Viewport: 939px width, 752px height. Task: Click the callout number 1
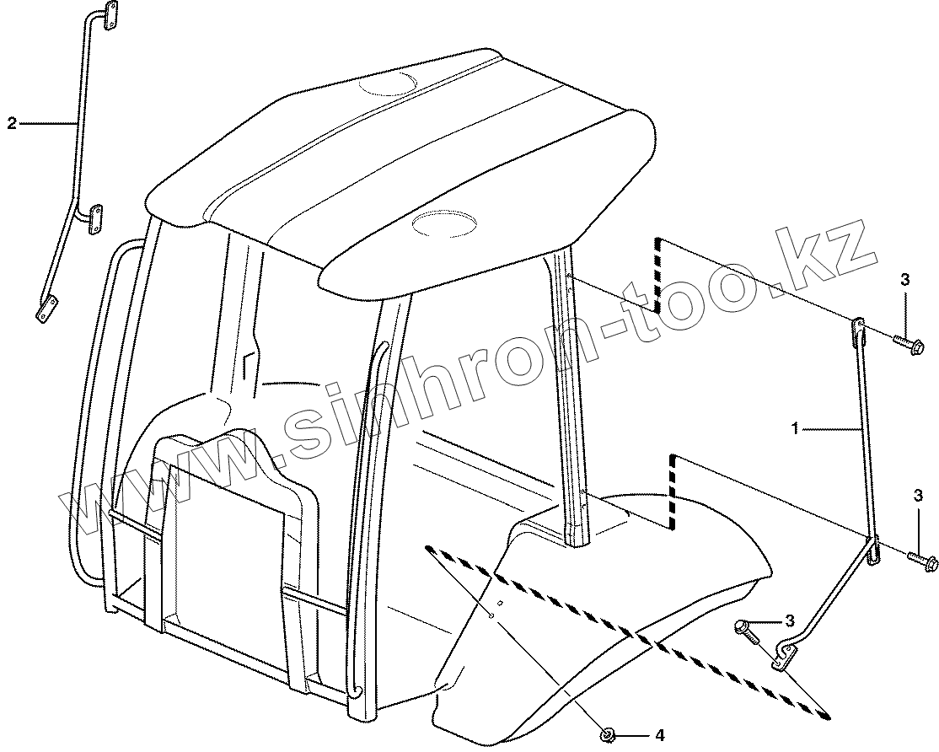(x=794, y=429)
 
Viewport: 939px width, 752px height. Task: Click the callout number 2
(x=12, y=123)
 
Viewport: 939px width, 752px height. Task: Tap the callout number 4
(x=659, y=736)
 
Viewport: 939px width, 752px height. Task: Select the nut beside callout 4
(x=605, y=735)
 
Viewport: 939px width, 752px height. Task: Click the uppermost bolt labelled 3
(x=908, y=343)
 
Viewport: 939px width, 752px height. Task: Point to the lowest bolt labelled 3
(x=747, y=629)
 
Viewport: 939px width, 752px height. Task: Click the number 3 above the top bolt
(x=904, y=281)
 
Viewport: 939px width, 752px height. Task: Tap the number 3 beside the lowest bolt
(x=790, y=620)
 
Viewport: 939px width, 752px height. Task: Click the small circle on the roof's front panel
(x=443, y=223)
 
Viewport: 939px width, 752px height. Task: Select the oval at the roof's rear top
(x=386, y=83)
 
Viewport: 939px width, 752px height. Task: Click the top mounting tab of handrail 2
(x=109, y=17)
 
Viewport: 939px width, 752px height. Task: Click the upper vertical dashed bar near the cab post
(x=657, y=274)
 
